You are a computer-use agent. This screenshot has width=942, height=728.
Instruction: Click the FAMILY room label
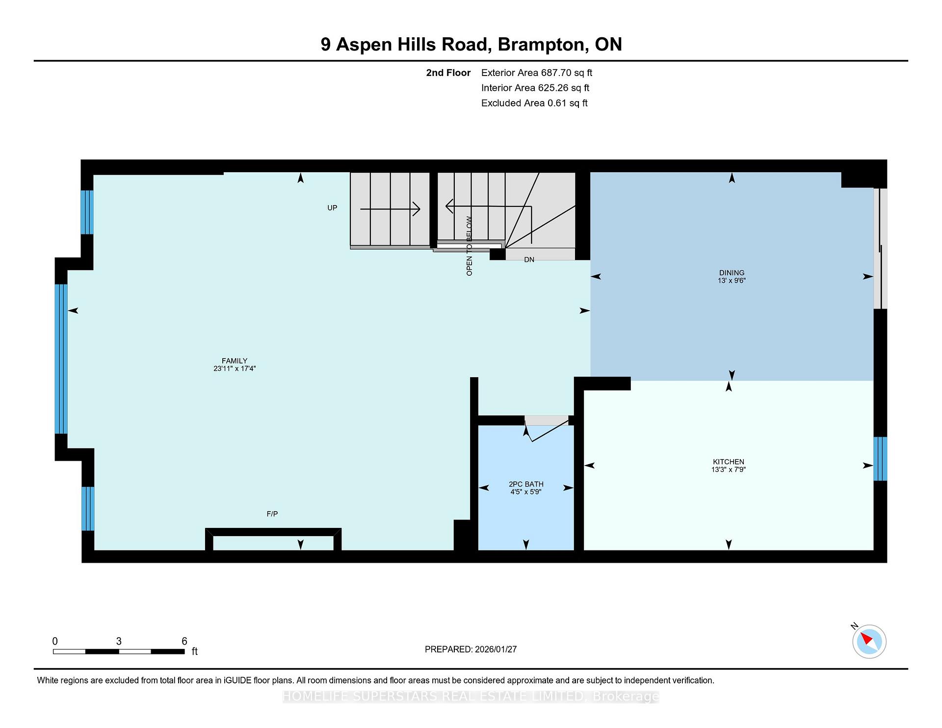(x=235, y=361)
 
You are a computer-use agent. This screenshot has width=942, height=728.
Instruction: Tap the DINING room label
(x=732, y=273)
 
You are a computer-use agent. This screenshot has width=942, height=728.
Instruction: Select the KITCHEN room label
(x=729, y=462)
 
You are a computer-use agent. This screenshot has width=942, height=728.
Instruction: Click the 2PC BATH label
(x=526, y=484)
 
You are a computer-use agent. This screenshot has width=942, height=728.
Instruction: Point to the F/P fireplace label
(x=272, y=514)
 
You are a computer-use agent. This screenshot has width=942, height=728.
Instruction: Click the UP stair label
(x=332, y=208)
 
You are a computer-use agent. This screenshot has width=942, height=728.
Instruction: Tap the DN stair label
(x=529, y=260)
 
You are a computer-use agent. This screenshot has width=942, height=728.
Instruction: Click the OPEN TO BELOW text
(x=469, y=246)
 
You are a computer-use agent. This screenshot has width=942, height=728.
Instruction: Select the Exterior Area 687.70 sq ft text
(x=536, y=73)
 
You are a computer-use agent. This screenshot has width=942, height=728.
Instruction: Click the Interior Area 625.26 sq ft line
(x=535, y=88)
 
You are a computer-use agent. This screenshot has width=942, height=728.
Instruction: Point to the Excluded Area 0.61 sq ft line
(x=534, y=103)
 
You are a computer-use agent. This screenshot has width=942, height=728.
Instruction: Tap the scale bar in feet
(x=118, y=651)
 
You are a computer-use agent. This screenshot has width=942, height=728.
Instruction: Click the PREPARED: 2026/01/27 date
(x=471, y=649)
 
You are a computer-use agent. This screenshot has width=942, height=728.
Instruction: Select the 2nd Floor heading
(x=448, y=73)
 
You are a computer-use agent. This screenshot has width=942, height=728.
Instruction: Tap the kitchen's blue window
(x=880, y=459)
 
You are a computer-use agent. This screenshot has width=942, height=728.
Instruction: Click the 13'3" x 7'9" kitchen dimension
(x=729, y=469)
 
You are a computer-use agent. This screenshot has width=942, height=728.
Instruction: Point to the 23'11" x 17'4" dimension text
(x=235, y=368)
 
